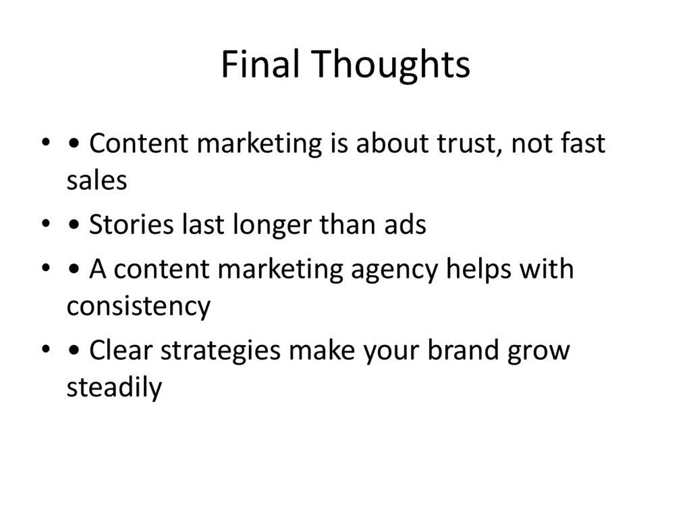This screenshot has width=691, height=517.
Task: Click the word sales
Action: coord(96,180)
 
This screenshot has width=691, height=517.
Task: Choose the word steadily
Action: coord(114,388)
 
